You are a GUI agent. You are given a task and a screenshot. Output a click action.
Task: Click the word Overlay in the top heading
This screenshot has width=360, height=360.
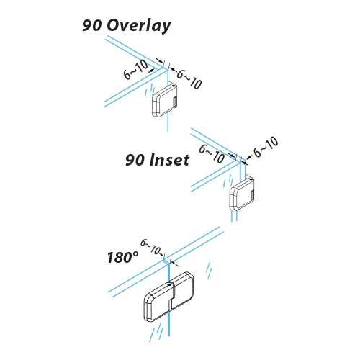click(x=139, y=26)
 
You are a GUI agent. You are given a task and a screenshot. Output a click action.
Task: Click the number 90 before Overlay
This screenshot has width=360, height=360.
click(x=92, y=25)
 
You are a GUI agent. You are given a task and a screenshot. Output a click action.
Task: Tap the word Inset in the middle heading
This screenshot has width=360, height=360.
click(x=169, y=160)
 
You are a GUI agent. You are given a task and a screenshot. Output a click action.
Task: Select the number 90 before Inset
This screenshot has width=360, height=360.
click(x=135, y=160)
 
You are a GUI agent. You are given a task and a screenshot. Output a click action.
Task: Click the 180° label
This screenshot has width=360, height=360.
click(x=122, y=257)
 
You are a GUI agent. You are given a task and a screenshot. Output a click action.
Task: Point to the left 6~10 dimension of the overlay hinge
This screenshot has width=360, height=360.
click(x=135, y=70)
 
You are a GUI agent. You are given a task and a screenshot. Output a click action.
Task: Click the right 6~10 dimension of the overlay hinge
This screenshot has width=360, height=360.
click(x=189, y=79)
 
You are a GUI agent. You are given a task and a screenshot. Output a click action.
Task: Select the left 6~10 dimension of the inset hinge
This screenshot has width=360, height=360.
click(x=212, y=154)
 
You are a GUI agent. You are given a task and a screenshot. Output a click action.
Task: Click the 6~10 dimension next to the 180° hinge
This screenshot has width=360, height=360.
click(x=150, y=247)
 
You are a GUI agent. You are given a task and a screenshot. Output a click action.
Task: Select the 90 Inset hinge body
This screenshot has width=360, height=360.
click(x=242, y=194)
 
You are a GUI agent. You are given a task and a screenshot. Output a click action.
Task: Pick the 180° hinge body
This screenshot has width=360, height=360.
click(x=168, y=297)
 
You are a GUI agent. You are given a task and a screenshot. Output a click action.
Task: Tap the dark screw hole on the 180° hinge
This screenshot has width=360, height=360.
click(x=170, y=284)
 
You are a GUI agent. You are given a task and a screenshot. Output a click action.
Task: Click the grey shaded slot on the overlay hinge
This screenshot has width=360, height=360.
click(x=175, y=102)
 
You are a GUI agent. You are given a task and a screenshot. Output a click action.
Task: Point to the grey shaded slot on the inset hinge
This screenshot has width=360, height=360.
click(x=252, y=195)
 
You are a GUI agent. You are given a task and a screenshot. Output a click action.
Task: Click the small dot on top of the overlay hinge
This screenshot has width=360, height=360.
click(x=174, y=86)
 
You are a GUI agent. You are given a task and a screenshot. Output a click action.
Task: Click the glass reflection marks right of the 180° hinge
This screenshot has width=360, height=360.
click(x=210, y=271)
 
